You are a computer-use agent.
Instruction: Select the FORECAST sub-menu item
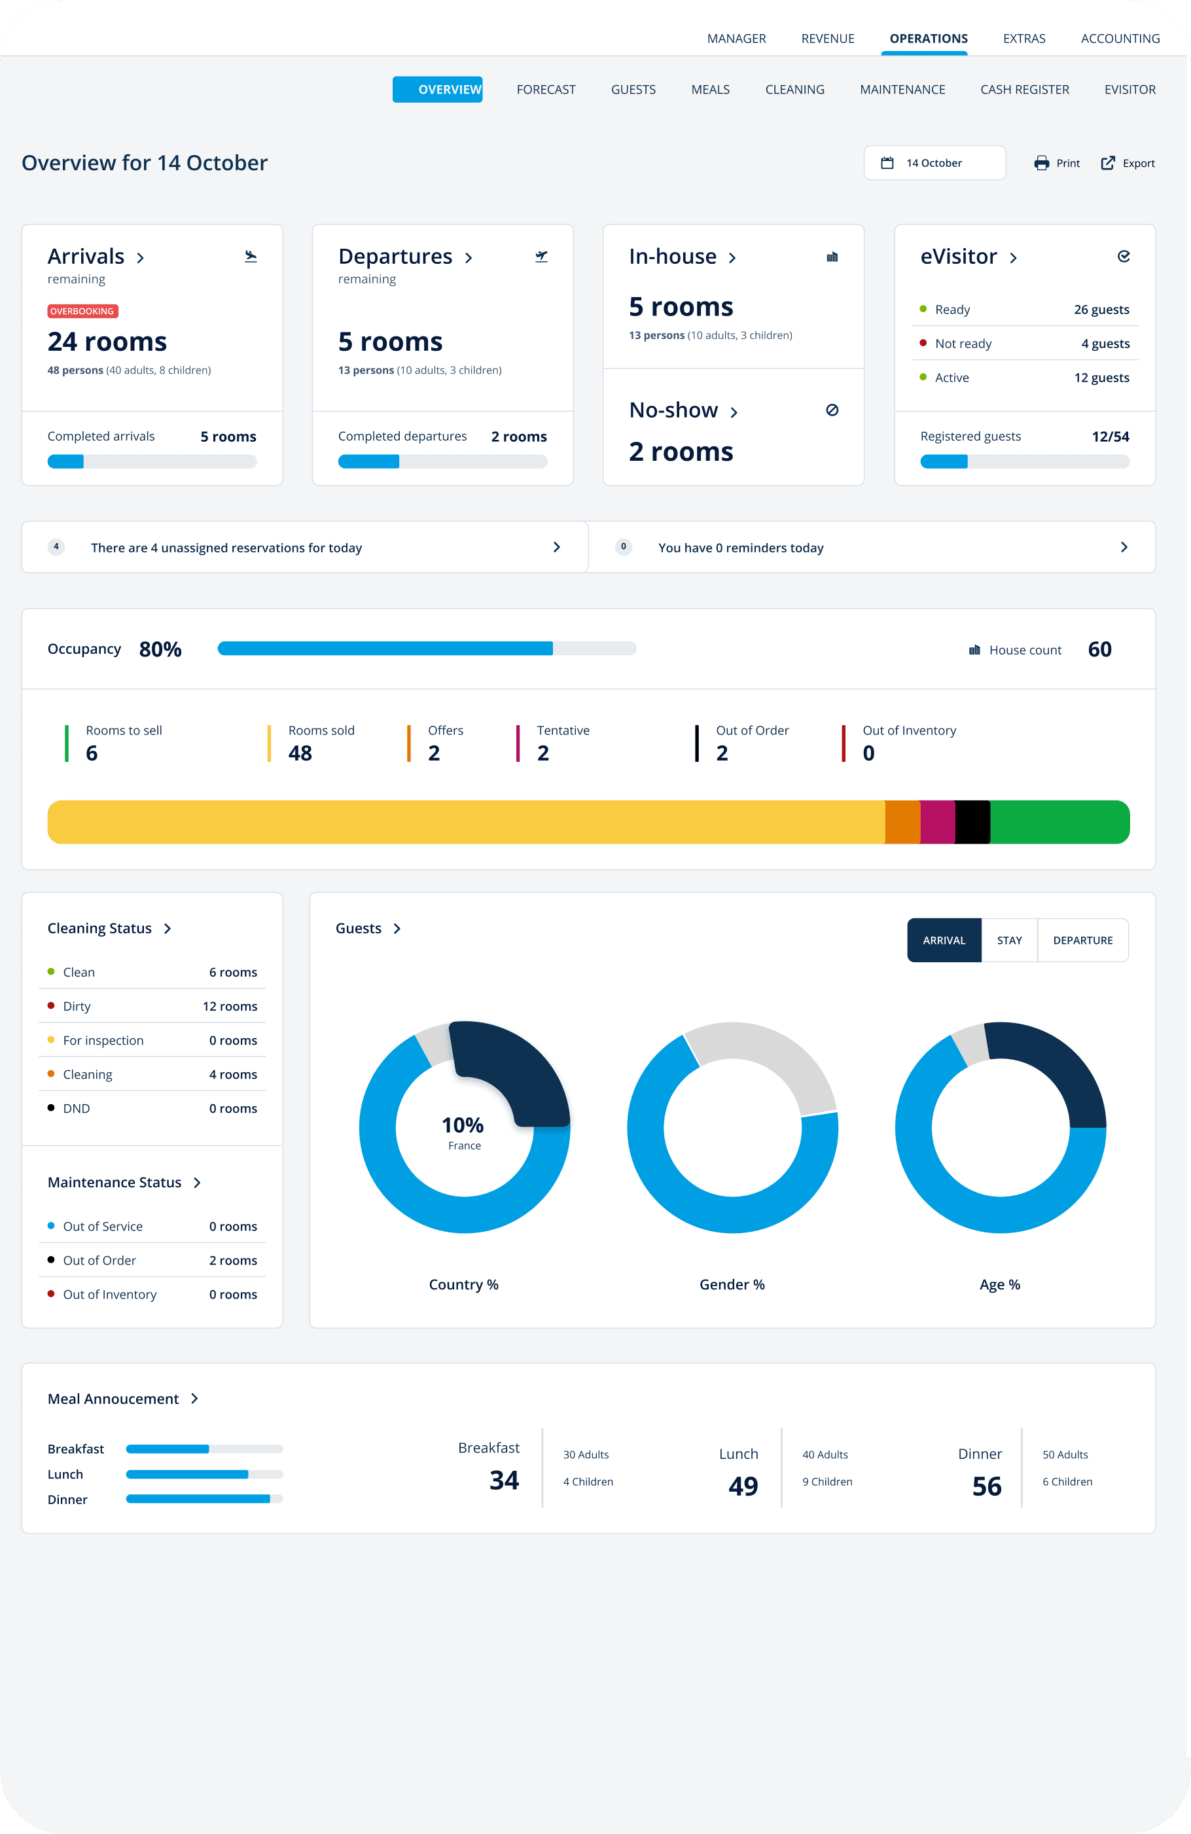pos(545,90)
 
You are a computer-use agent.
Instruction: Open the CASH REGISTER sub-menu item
pos(1024,90)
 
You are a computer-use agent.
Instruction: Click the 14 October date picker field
pos(934,162)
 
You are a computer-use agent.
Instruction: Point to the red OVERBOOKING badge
pos(82,312)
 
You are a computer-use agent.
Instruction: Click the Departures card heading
pos(395,257)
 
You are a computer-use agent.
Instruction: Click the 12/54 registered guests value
pos(1110,436)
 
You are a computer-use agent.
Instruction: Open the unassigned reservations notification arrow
pos(556,547)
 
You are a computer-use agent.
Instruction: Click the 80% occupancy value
pos(160,649)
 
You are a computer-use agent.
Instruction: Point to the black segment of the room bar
pos(972,821)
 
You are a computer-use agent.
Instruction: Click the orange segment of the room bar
pos(902,821)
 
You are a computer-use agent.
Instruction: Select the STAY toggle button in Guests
pos(1008,940)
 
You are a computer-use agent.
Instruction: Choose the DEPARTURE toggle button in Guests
pos(1082,940)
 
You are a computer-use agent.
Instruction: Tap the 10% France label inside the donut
pos(463,1132)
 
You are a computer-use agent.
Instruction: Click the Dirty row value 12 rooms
pos(230,1007)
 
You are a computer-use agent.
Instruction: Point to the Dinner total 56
pos(986,1486)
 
